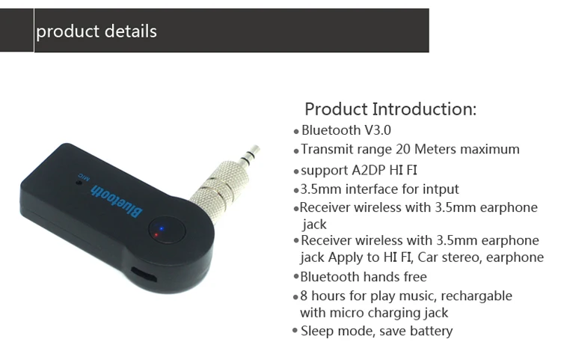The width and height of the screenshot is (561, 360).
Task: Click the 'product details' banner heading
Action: pos(96,31)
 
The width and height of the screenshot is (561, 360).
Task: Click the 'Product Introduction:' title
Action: pos(390,109)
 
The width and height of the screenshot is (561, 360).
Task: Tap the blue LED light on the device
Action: pos(162,228)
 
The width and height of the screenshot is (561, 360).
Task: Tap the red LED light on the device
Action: pos(156,235)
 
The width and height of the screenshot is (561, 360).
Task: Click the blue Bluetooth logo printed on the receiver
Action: pos(117,201)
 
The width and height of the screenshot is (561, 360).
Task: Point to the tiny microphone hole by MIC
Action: pos(79,182)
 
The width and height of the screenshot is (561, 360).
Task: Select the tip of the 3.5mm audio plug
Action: pos(256,147)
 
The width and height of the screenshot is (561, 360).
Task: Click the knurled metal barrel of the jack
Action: pos(217,186)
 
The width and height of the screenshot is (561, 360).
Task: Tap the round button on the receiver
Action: pos(168,230)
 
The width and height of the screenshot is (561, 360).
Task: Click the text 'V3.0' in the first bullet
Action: pos(378,130)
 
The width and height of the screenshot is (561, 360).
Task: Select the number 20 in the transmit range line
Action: pos(403,149)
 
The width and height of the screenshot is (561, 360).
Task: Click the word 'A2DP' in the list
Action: pos(369,170)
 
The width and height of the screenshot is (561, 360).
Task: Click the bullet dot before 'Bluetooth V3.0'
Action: pos(296,132)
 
